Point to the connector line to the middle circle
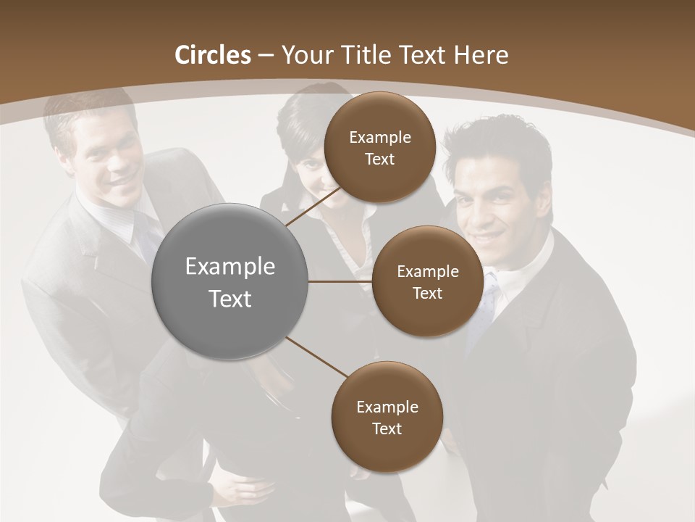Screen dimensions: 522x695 tap(340, 281)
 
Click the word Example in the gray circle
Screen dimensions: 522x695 tap(230, 267)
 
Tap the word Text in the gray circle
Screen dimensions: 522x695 tap(230, 299)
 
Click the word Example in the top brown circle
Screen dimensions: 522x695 tap(380, 137)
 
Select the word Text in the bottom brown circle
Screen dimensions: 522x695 tap(387, 428)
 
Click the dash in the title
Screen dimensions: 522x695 tap(266, 56)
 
